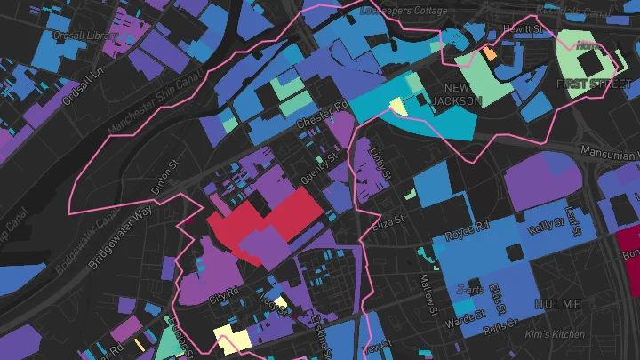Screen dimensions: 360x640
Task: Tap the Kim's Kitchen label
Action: [x=556, y=334]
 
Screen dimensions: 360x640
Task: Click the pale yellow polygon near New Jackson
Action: [x=397, y=106]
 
